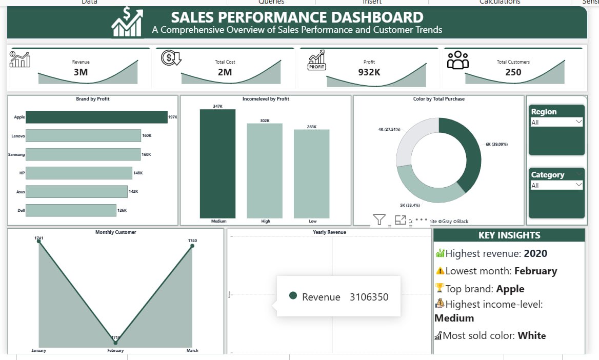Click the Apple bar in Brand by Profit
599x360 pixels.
(96, 117)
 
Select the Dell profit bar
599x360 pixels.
(71, 210)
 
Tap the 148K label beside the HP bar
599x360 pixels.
(138, 173)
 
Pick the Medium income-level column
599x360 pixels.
(217, 164)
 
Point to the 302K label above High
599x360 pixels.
(265, 121)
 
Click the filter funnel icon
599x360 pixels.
(379, 220)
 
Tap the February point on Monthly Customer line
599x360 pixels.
(115, 342)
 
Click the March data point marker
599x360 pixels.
(192, 246)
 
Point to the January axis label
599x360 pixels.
(38, 351)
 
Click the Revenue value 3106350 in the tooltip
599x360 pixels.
(369, 297)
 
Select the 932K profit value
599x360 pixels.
(369, 72)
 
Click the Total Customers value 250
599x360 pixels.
(513, 72)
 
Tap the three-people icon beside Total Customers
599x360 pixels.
(458, 60)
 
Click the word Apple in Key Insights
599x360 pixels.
(510, 289)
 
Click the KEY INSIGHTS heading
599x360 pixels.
(509, 235)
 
